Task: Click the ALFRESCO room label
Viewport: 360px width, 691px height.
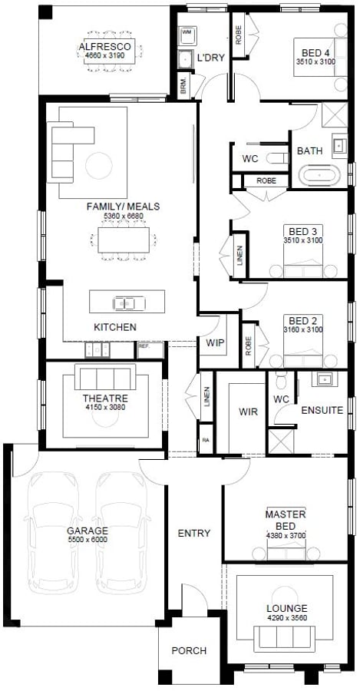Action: coord(105,47)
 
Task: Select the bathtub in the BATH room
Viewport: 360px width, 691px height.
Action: coord(319,176)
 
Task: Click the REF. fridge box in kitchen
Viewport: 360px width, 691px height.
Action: coord(150,350)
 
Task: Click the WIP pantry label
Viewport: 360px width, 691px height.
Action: coord(212,342)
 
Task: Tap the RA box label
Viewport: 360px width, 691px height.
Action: coord(206,439)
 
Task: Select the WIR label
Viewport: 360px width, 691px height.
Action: coord(248,412)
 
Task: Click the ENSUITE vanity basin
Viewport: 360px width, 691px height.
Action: coord(325,379)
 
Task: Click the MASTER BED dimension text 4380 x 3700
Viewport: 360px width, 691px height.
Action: coord(286,535)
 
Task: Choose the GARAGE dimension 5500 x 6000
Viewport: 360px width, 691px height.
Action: coord(88,540)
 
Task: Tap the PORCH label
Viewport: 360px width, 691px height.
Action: coord(189,650)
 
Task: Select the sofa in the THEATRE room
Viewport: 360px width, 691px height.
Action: coord(105,377)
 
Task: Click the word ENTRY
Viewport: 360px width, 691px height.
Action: coord(194,534)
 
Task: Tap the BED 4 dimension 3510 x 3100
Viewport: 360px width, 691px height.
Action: coord(315,61)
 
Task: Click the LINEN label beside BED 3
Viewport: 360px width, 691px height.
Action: coord(239,255)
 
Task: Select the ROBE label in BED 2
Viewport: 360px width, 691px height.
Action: coord(249,346)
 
